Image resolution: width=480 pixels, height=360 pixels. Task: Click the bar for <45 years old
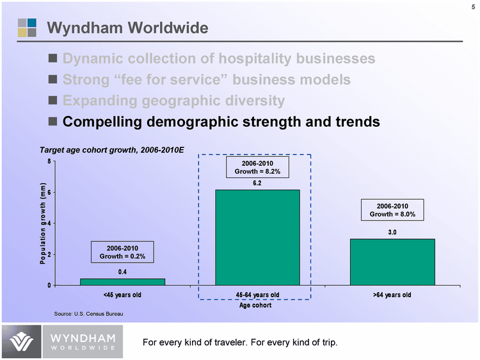[122, 281]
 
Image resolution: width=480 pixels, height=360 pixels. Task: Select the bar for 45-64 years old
[257, 237]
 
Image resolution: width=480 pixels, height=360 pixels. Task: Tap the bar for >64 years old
[392, 261]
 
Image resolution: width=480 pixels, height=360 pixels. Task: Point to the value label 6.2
[257, 183]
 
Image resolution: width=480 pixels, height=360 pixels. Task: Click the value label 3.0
[392, 232]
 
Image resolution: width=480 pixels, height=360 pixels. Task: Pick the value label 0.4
[122, 272]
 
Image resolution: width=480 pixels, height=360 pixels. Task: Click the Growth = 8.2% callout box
[257, 168]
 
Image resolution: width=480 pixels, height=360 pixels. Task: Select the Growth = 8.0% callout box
[392, 210]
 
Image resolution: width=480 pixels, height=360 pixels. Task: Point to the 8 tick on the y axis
[49, 161]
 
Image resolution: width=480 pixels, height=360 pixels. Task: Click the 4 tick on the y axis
[49, 224]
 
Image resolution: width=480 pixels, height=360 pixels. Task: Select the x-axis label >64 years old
[392, 295]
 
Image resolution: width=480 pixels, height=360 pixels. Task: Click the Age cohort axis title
[255, 306]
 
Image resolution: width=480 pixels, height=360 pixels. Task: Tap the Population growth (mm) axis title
[43, 223]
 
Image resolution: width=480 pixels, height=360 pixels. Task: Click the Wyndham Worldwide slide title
[128, 28]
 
